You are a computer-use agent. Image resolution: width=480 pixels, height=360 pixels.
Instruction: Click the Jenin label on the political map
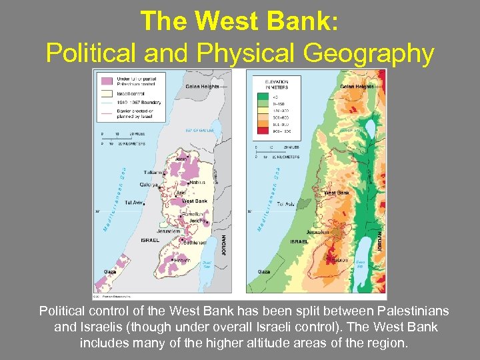tap(180, 159)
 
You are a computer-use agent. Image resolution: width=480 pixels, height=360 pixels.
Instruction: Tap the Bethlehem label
tap(193, 243)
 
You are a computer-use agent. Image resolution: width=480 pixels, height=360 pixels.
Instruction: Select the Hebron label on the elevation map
tap(341, 260)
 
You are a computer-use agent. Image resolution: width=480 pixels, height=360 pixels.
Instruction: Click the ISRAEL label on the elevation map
tap(298, 241)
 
